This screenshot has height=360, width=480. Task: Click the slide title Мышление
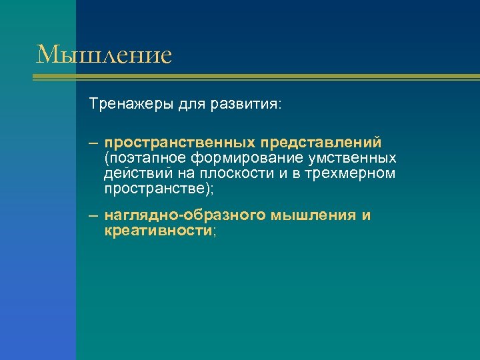[x=104, y=54]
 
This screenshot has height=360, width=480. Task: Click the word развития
[x=244, y=105]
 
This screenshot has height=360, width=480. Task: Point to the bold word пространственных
[x=181, y=143]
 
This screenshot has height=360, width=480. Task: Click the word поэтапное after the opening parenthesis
[x=145, y=158]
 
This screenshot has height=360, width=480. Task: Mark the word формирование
[x=242, y=158]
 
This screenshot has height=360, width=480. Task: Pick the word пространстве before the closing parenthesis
[x=153, y=189]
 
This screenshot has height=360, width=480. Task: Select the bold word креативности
[x=157, y=231]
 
